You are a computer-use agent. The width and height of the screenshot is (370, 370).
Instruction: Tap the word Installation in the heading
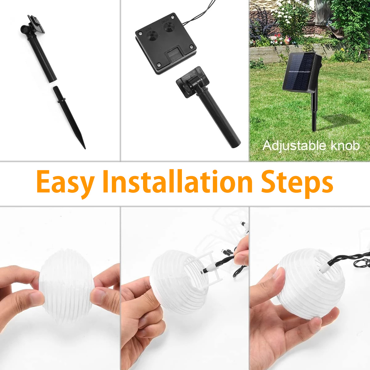click(178, 181)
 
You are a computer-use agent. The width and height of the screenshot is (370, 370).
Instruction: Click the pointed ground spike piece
click(69, 117)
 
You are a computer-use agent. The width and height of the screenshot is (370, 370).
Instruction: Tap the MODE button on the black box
click(152, 35)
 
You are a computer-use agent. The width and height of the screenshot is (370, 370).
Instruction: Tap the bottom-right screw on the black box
click(191, 47)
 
